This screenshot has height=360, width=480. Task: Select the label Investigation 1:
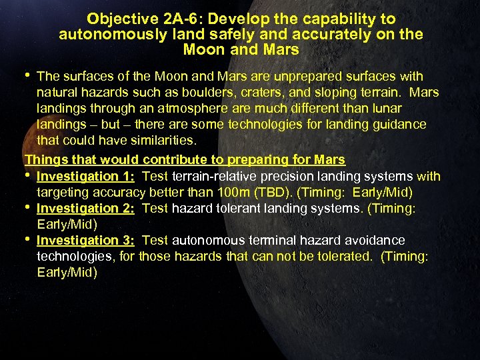86,177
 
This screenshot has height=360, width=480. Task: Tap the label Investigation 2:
86,208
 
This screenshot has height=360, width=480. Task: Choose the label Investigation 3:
86,240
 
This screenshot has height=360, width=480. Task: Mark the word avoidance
373,240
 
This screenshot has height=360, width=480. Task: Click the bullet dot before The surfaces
28,75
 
